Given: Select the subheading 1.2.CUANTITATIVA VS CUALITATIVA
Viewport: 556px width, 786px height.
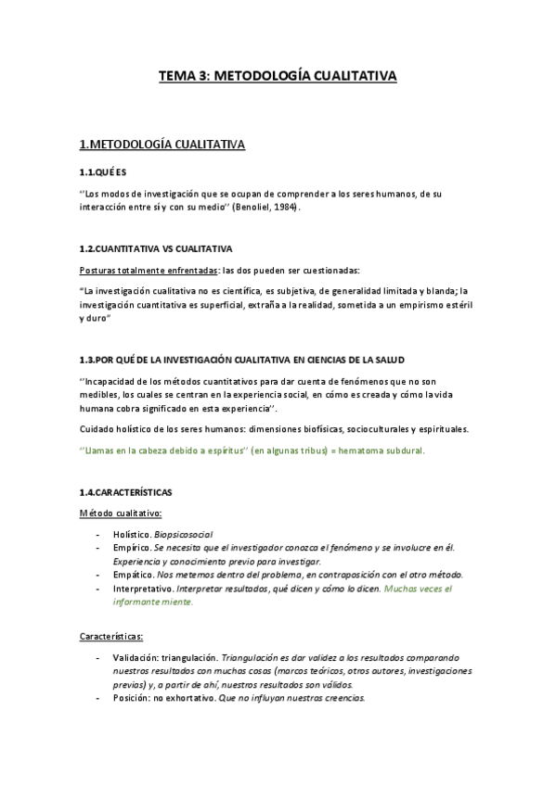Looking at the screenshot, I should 156,249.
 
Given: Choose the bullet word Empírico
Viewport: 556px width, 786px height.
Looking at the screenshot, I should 131,548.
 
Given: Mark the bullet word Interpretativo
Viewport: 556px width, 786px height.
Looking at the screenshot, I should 143,589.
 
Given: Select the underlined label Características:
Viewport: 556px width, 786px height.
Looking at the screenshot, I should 111,638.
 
